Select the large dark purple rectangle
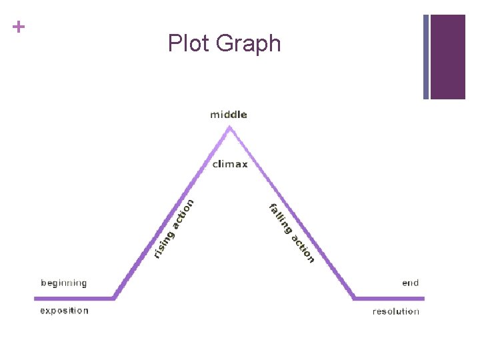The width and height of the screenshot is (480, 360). (447, 57)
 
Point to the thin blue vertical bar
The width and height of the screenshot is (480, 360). (426, 57)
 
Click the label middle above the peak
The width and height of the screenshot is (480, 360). (229, 115)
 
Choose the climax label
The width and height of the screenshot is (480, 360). (230, 164)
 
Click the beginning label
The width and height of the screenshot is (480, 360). (64, 283)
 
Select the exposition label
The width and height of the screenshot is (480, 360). (64, 311)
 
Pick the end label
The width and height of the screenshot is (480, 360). (411, 283)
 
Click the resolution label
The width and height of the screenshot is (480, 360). (396, 311)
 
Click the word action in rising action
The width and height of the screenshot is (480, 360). (182, 214)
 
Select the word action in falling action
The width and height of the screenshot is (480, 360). (303, 247)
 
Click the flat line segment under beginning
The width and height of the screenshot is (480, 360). (73, 298)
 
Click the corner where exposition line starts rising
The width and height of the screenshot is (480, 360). (115, 297)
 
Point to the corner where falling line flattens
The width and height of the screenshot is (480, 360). (353, 297)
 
